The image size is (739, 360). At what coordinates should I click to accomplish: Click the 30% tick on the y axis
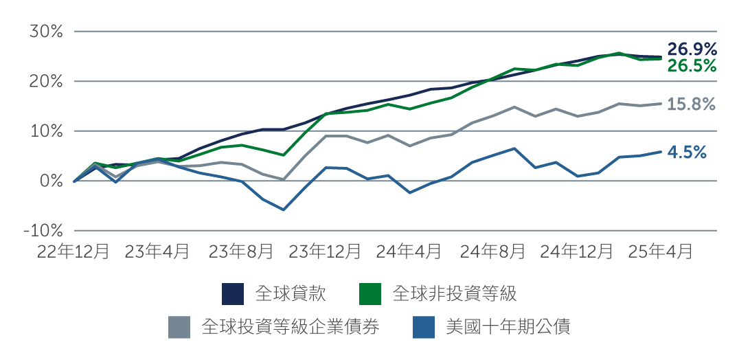point(47,32)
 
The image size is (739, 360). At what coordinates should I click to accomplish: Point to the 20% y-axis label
point(47,81)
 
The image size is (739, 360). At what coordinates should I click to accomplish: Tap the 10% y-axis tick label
point(47,131)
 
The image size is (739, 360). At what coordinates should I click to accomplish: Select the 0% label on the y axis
point(51,181)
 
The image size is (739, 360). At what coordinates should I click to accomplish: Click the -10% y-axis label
point(43,231)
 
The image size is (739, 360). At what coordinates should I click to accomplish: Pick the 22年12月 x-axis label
point(73,251)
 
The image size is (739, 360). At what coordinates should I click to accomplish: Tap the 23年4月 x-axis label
point(157,251)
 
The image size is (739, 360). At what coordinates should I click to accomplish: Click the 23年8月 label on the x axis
point(241,251)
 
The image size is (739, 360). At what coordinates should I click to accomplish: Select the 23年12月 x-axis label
point(325,251)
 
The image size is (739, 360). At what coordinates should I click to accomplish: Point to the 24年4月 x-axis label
point(409,251)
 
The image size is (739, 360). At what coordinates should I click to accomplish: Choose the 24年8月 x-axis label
point(492,251)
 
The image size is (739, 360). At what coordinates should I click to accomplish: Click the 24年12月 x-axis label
point(576,251)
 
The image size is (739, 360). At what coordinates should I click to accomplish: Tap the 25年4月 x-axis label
point(660,251)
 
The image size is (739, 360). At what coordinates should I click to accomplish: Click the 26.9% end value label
point(692,49)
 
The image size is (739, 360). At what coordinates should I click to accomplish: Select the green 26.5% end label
point(692,66)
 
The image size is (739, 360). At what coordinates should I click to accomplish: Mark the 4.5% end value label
point(687,153)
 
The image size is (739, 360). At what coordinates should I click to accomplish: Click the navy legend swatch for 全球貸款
point(233,294)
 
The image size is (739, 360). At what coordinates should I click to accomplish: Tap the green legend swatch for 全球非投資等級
point(371,294)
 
